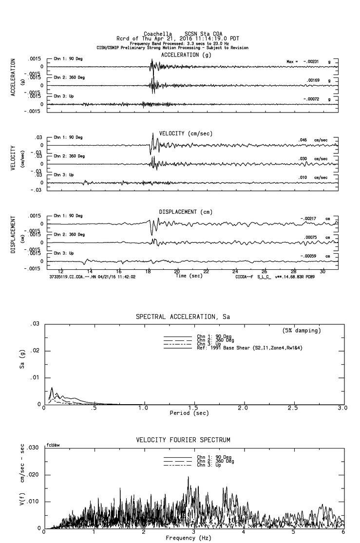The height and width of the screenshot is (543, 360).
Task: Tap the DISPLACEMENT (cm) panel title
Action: [x=186, y=212]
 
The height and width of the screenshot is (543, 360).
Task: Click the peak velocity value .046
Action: [x=303, y=140]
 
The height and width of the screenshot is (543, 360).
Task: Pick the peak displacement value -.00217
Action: [x=309, y=218]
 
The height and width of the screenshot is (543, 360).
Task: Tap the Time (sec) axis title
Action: [x=189, y=276]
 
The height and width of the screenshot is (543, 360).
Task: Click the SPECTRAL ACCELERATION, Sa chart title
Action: [x=183, y=317]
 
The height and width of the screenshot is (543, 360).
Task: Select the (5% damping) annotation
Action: [x=302, y=331]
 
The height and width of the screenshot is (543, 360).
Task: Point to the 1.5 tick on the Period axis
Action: [x=193, y=408]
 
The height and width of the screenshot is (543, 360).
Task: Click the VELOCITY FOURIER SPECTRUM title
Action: [x=183, y=440]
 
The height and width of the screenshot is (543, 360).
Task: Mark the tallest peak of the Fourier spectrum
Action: [x=188, y=477]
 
